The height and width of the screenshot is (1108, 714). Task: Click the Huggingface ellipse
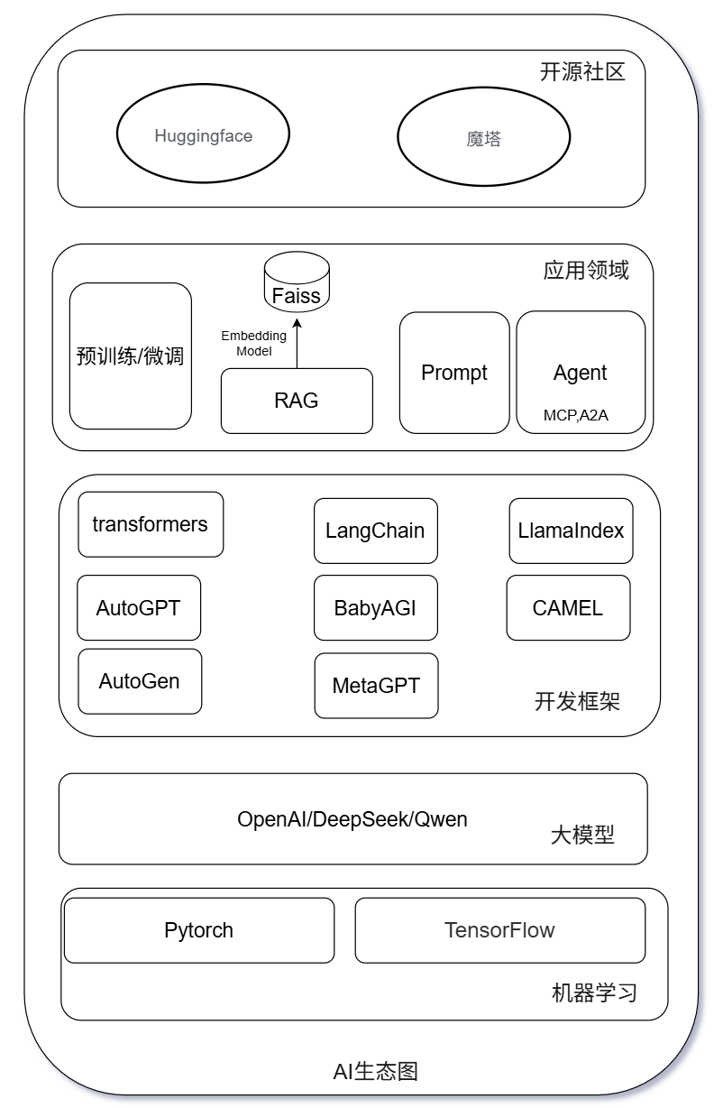[203, 136]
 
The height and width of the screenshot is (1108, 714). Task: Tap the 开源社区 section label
[581, 72]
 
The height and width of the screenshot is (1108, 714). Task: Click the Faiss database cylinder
[297, 282]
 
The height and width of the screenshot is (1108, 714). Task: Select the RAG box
[297, 401]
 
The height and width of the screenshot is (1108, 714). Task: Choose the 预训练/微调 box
[131, 355]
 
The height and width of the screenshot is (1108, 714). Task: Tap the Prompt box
[454, 373]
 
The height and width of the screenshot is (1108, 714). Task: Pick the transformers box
[151, 524]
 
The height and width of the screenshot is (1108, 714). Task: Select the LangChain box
[375, 531]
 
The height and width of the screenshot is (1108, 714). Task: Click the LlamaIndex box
[571, 531]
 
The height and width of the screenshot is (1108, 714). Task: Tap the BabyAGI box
[375, 607]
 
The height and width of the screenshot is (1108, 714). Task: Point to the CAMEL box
[568, 607]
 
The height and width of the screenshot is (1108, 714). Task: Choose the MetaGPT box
[376, 686]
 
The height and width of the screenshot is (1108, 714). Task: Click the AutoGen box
[140, 681]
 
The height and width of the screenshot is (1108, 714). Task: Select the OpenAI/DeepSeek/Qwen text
[352, 819]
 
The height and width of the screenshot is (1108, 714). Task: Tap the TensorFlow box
[499, 930]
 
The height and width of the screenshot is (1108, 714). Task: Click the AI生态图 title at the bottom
[375, 1072]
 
